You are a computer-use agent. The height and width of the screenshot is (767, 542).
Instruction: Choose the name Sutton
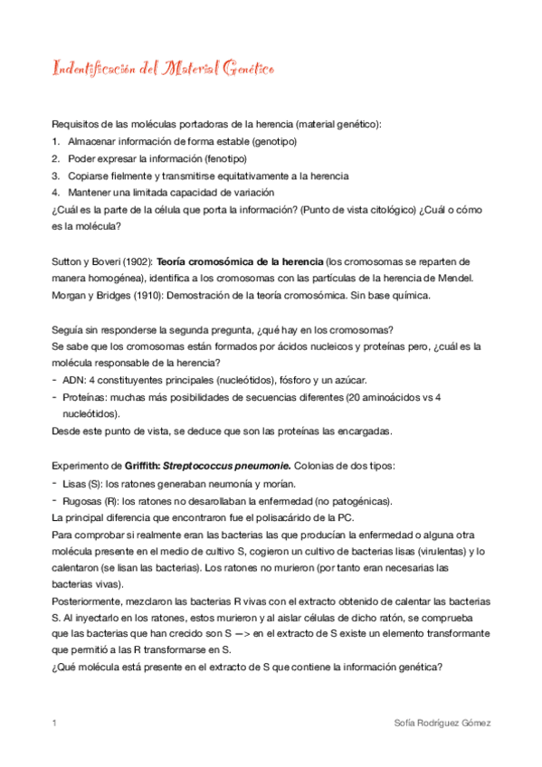69,260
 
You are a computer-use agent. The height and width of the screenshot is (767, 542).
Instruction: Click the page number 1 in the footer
55,724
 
